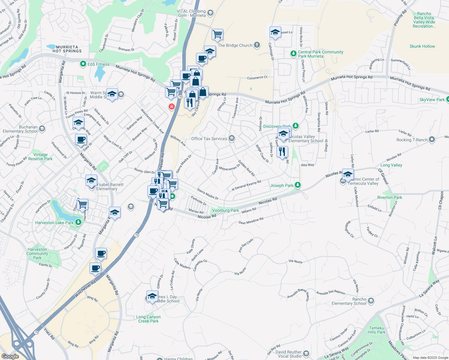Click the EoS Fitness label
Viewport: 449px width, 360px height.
(98, 64)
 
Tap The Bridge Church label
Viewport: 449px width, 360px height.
(235, 46)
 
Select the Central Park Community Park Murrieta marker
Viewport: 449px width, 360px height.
(293, 54)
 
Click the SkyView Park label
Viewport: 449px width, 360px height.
(432, 100)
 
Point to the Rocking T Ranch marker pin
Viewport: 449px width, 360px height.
(432, 139)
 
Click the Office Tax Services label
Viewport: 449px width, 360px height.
(209, 139)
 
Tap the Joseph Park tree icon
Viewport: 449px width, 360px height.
(297, 185)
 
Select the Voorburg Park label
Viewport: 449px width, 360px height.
(225, 211)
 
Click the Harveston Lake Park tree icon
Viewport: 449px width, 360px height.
(78, 222)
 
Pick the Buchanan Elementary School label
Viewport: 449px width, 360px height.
(20, 129)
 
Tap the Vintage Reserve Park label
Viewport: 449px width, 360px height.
(40, 157)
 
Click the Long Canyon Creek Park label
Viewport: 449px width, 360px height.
(148, 319)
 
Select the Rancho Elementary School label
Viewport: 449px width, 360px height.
(349, 301)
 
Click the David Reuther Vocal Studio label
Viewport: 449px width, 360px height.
(288, 354)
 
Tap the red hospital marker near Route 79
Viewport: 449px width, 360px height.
(171, 106)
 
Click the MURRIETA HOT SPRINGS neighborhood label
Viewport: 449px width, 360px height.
(67, 49)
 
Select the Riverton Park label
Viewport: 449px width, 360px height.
(389, 197)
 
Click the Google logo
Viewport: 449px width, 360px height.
(10, 356)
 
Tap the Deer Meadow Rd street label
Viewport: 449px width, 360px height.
(251, 221)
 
